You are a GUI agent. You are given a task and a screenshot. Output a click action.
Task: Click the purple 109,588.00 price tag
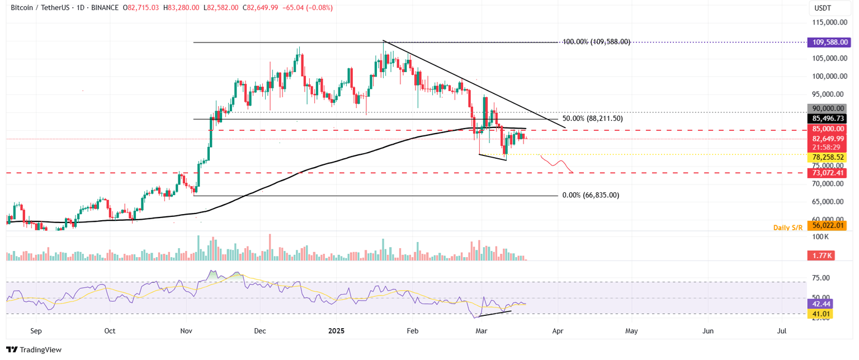tap(827, 42)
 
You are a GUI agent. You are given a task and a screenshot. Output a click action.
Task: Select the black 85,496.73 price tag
tap(827, 119)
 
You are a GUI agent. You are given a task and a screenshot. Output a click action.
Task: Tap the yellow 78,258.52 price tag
tap(827, 158)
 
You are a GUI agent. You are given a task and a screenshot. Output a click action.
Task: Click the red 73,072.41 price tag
tap(827, 173)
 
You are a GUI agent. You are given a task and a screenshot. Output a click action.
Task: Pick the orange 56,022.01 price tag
tap(827, 226)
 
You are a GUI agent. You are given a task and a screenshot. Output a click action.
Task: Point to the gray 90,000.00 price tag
tap(827, 108)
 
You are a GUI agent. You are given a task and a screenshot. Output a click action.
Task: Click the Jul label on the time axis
tap(782, 331)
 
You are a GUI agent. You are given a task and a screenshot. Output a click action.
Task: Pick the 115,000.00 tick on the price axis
tap(829, 22)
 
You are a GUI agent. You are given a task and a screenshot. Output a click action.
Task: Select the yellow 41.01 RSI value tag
tap(820, 315)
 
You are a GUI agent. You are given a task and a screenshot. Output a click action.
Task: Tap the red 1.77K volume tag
tap(820, 255)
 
